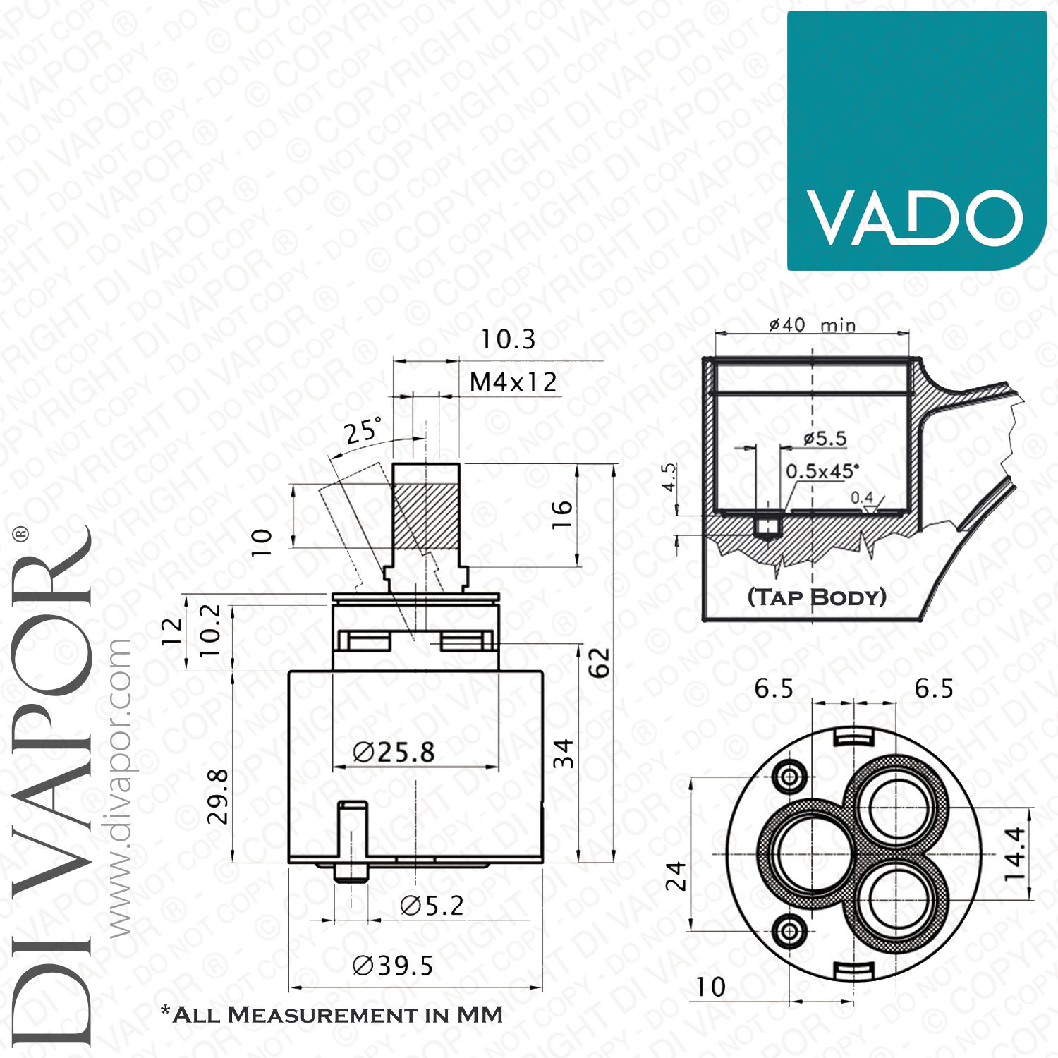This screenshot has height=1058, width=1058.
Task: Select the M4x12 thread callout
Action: point(513,382)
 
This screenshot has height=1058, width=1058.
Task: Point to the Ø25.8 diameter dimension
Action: point(394,753)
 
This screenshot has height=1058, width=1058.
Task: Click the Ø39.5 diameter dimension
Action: point(392,966)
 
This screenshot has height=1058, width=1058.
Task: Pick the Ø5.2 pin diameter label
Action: point(432,906)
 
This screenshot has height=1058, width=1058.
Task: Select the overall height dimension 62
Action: point(599,662)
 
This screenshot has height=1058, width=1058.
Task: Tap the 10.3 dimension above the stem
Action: point(508,339)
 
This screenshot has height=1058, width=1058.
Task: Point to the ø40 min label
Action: point(812,324)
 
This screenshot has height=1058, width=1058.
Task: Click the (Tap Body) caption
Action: point(817,597)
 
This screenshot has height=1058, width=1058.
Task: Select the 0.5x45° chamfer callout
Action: point(822,470)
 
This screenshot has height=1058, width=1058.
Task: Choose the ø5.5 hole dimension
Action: point(825,438)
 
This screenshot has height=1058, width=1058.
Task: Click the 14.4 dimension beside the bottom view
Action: point(1014,853)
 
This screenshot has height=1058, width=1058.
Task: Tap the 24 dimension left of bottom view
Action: point(676,876)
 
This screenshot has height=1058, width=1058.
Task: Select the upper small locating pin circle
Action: point(790,777)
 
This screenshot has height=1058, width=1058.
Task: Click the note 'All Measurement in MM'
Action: point(332,1014)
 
